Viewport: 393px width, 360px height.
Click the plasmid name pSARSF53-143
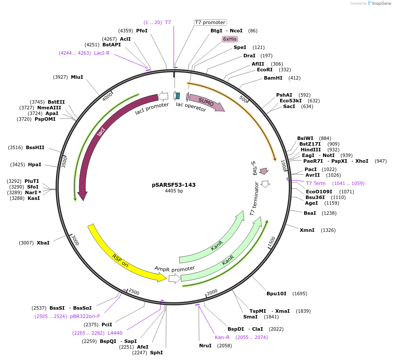click(174, 185)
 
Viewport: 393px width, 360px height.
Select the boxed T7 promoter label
click(210, 22)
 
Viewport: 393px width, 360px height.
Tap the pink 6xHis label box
click(230, 39)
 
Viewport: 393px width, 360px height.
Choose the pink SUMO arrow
click(206, 102)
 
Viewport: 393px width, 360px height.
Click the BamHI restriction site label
click(273, 78)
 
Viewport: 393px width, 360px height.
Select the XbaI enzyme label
click(43, 243)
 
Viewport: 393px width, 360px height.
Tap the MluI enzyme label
click(77, 77)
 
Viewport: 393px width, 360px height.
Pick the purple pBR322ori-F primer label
click(85, 316)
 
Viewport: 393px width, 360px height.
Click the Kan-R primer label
click(222, 337)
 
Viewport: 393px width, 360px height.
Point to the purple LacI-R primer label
click(102, 53)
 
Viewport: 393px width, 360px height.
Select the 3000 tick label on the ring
click(75, 240)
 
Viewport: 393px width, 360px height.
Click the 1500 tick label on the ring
click(272, 242)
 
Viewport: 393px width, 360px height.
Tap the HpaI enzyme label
click(35, 164)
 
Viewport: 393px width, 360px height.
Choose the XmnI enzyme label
click(307, 230)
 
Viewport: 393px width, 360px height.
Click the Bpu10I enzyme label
click(277, 294)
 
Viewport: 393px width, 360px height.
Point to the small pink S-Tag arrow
click(264, 171)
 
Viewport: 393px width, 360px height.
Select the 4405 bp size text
click(174, 191)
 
